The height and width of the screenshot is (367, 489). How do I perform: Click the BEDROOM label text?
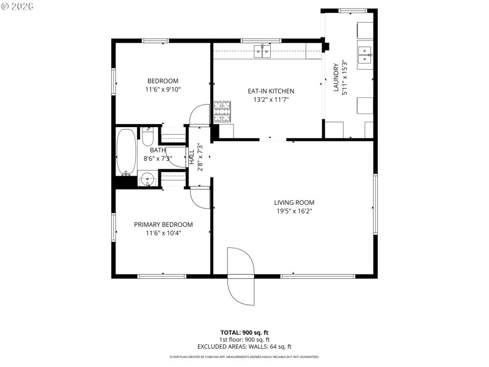[x=163, y=81]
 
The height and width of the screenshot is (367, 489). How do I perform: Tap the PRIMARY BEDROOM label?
[x=163, y=224]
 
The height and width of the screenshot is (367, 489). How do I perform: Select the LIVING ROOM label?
[x=293, y=202]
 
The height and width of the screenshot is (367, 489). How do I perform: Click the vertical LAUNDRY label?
[x=336, y=78]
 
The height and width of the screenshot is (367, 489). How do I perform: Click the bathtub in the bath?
[x=127, y=151]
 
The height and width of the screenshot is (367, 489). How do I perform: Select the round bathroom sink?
[x=146, y=179]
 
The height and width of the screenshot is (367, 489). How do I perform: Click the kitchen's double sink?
[x=263, y=52]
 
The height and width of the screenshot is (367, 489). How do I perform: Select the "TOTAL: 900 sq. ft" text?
[x=244, y=333]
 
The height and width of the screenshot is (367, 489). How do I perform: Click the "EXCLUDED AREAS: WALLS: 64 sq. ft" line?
[x=244, y=346]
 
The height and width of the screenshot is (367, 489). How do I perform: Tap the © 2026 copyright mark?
[x=18, y=6]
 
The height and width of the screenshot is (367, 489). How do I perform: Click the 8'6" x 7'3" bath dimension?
[x=157, y=158]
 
